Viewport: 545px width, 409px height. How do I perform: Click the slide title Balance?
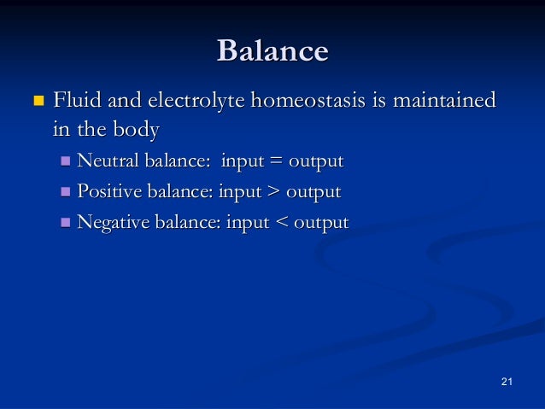(272, 51)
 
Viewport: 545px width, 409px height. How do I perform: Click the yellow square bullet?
(36, 102)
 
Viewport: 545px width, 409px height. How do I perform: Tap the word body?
(137, 131)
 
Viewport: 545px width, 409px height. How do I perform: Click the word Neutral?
(106, 161)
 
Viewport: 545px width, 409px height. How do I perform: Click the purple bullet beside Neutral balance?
(67, 161)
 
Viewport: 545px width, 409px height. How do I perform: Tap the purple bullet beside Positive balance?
(67, 192)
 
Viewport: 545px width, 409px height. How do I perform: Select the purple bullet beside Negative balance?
(67, 223)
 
